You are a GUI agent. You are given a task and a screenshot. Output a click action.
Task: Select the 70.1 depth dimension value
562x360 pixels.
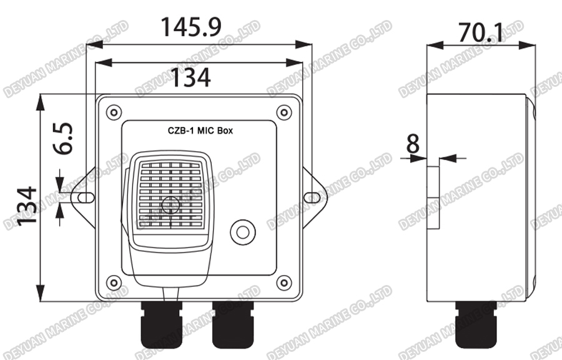pos(481,32)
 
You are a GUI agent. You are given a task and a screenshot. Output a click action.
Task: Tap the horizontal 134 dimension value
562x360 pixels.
pos(191,77)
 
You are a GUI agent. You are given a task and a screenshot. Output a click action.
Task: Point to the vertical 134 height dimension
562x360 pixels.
pos(27,206)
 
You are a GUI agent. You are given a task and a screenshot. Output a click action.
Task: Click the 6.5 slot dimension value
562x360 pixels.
pos(62,139)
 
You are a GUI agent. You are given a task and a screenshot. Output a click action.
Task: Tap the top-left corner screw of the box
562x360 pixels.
pos(113,112)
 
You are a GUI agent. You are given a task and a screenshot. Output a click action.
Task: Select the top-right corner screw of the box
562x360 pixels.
pos(284,112)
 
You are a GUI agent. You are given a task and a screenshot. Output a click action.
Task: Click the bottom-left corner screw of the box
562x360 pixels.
pos(113,282)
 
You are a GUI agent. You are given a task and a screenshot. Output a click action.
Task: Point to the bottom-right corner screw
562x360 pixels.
pos(284,282)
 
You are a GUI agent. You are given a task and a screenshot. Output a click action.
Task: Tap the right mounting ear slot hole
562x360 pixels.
pos(312,197)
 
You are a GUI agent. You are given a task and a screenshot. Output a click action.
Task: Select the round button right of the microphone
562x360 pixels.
pos(242,232)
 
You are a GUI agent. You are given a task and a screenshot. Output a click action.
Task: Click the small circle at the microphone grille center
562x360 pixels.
pos(169,204)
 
